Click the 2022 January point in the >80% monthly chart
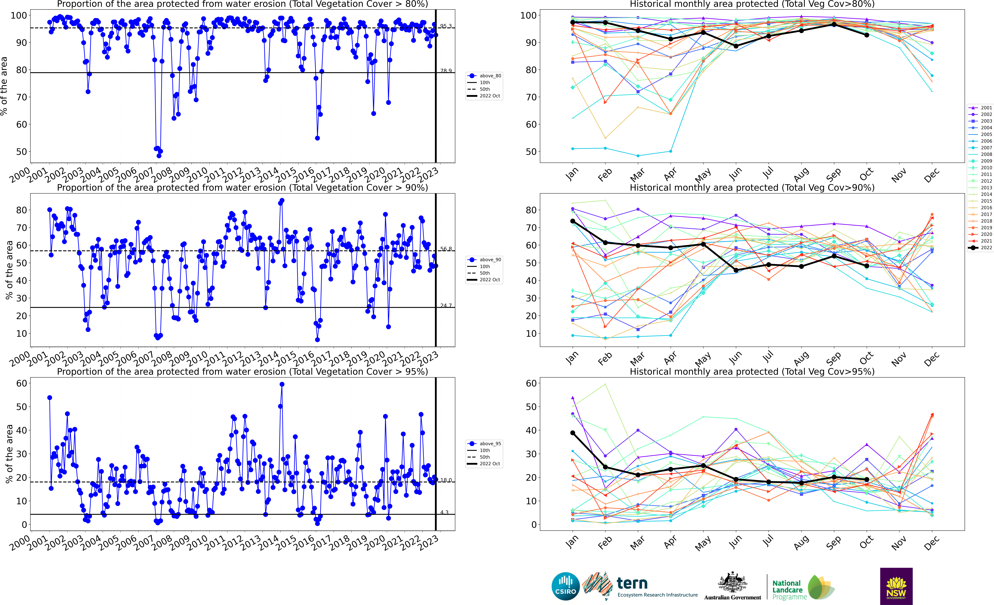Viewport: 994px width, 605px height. tap(572, 22)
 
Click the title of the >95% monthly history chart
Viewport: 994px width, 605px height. tap(752, 371)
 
